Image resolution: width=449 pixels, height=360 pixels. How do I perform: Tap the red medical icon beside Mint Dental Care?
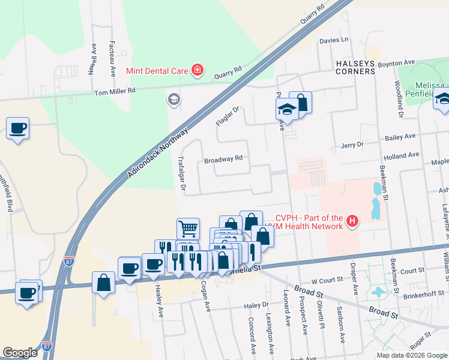pyautogui.click(x=197, y=71)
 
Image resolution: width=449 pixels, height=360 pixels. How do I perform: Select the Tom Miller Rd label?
pyautogui.click(x=115, y=91)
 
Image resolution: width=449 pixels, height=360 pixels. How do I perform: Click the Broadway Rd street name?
pyautogui.click(x=223, y=159)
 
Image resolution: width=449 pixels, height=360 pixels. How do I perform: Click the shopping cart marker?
pyautogui.click(x=188, y=229)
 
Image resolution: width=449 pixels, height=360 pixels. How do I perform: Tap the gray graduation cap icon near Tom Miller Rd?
pyautogui.click(x=174, y=99)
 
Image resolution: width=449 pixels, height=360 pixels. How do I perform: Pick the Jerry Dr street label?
pyautogui.click(x=352, y=145)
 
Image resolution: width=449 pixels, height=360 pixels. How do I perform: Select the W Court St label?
pyautogui.click(x=327, y=280)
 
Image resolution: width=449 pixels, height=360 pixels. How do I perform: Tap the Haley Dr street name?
pyautogui.click(x=256, y=305)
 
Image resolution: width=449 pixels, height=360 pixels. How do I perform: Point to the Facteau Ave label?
pyautogui.click(x=112, y=58)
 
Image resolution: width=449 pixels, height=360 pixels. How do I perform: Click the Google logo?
pyautogui.click(x=20, y=352)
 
